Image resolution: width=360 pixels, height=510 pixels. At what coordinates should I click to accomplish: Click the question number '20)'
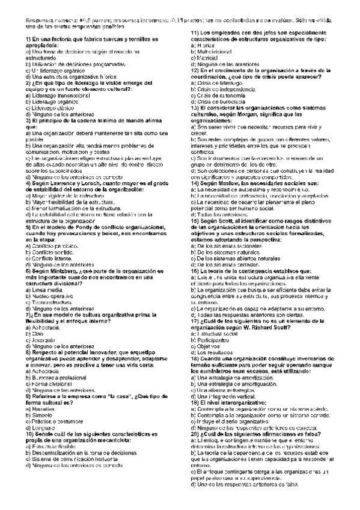tap(198, 433)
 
